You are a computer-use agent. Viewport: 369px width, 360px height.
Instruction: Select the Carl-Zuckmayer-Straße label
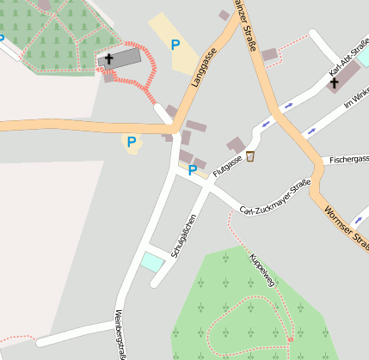click(274, 198)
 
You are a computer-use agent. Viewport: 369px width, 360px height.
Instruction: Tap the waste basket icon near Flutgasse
click(250, 156)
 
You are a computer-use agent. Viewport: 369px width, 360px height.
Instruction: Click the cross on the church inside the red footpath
click(110, 59)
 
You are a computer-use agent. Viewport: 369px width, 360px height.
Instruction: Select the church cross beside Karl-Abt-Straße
click(334, 82)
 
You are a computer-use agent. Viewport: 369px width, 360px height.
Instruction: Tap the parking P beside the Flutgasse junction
click(192, 171)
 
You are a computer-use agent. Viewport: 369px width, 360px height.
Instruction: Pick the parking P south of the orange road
click(132, 142)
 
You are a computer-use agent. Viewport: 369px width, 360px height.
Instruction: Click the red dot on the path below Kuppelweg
click(291, 340)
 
